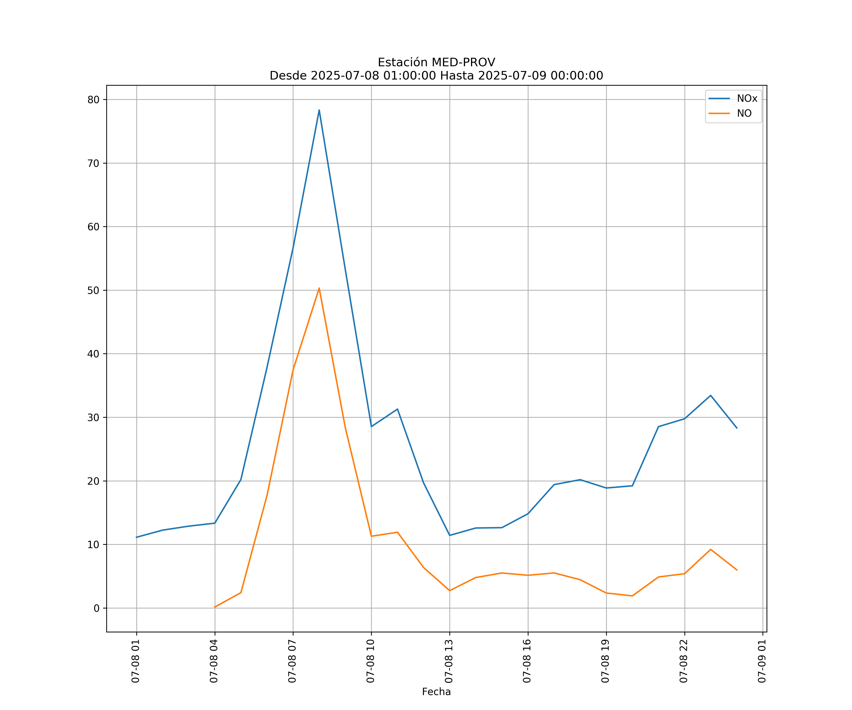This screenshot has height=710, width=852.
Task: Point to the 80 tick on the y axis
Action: (x=93, y=100)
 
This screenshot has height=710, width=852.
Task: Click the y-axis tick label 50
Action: (x=93, y=290)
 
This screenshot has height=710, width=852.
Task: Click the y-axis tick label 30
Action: (x=93, y=417)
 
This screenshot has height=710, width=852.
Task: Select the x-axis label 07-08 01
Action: (x=136, y=661)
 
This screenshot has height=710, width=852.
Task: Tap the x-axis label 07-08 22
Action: (x=684, y=661)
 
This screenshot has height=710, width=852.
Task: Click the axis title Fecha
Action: (x=436, y=692)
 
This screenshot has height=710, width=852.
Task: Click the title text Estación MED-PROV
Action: (x=436, y=62)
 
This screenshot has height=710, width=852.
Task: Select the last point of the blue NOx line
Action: (x=737, y=428)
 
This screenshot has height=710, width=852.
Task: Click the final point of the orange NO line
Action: (x=737, y=570)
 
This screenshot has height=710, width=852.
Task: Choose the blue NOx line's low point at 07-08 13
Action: (x=449, y=535)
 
